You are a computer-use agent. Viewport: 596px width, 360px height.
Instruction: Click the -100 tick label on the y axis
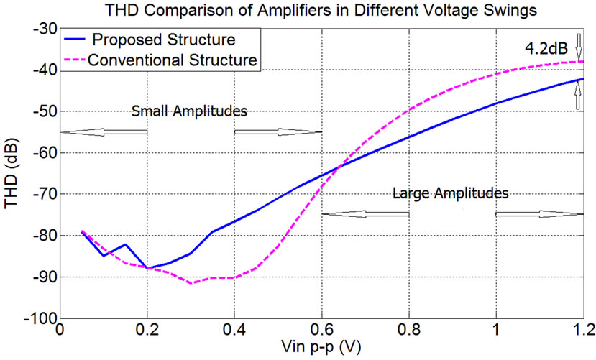(40, 318)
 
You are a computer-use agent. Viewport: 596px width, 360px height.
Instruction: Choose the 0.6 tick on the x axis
(321, 332)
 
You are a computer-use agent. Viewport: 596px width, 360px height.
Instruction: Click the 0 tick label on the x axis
(60, 332)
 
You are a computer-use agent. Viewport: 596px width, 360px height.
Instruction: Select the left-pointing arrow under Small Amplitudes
(105, 132)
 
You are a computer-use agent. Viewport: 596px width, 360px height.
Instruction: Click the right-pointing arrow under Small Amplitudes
(278, 132)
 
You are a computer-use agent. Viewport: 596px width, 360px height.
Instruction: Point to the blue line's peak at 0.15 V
(126, 244)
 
